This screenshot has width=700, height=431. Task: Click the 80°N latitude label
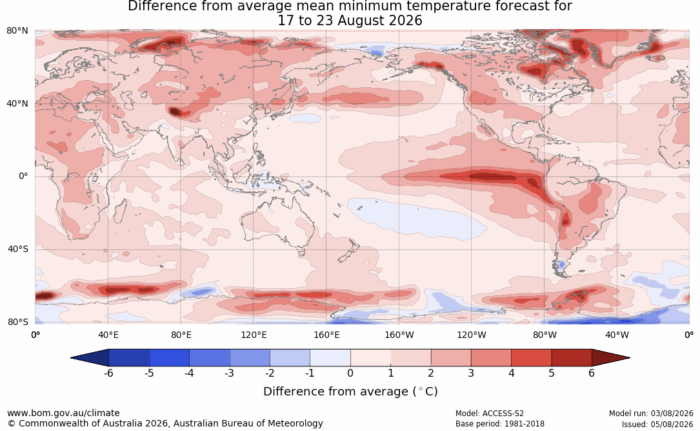(17, 31)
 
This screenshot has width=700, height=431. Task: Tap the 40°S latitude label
(17, 249)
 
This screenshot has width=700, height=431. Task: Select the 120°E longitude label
(254, 335)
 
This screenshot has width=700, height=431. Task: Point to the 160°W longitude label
(399, 335)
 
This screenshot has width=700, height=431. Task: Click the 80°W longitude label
(545, 335)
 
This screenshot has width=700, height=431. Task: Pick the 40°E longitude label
(108, 335)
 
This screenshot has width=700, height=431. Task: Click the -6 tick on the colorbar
(108, 373)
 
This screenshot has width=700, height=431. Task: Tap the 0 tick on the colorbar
(350, 373)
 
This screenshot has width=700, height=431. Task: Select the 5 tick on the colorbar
(552, 373)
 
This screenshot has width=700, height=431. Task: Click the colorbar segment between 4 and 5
(531, 358)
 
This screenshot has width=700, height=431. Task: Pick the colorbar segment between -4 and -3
(210, 358)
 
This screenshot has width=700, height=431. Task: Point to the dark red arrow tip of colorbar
(630, 358)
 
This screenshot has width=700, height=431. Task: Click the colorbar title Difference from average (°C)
(350, 392)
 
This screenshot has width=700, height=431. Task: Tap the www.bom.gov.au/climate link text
(63, 413)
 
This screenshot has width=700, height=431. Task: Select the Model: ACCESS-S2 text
(489, 414)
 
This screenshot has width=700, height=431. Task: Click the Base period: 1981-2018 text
(499, 424)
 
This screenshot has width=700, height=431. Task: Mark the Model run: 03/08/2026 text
(651, 414)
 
